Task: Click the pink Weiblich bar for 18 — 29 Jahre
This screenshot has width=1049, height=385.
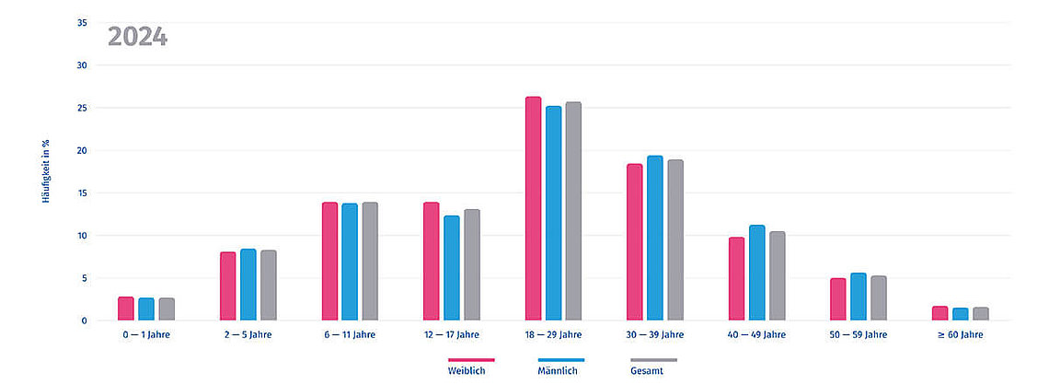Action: click(533, 209)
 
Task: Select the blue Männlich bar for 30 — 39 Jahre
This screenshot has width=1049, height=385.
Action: click(655, 239)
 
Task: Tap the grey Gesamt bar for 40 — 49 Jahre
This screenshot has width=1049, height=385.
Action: click(777, 276)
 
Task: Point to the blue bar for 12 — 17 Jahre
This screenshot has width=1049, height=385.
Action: click(452, 268)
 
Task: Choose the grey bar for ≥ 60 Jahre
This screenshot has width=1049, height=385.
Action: click(980, 314)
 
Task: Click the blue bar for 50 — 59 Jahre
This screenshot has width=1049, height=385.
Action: click(859, 297)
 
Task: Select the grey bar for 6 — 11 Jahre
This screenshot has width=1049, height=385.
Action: click(370, 262)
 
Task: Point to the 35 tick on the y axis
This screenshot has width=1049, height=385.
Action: click(82, 23)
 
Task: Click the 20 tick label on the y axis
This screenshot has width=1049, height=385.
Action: click(82, 150)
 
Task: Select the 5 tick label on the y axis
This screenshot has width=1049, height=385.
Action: click(84, 278)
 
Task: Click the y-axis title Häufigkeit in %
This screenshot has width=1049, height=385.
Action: click(46, 171)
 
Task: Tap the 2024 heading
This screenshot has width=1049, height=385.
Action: click(137, 37)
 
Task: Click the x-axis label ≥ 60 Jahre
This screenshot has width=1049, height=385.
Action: click(960, 335)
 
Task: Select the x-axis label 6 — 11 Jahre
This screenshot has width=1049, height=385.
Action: click(351, 335)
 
